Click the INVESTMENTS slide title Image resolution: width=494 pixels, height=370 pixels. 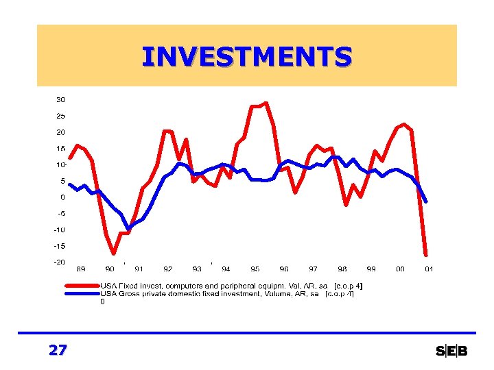tap(246, 56)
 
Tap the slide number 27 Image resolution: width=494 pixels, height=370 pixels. tap(58, 350)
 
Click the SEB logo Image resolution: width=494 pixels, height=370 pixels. tap(451, 351)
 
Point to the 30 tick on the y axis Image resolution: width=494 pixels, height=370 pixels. tap(60, 99)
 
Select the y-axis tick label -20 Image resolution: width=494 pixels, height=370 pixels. tap(60, 262)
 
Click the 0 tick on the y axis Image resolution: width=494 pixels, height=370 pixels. tap(62, 197)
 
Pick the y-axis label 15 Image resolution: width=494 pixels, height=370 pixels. tap(60, 148)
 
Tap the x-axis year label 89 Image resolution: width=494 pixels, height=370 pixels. tap(81, 269)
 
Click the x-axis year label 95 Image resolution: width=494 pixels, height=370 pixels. tap(255, 269)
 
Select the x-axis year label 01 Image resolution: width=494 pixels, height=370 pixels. tap(429, 269)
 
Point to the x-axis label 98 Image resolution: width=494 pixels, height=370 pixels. tap(342, 269)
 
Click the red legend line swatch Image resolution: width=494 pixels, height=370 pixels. tap(82, 286)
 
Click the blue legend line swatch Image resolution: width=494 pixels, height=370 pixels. tap(82, 294)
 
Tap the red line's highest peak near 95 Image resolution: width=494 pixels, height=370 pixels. tap(266, 103)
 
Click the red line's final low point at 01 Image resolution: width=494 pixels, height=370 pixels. tap(426, 255)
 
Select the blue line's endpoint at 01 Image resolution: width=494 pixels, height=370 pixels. tap(426, 201)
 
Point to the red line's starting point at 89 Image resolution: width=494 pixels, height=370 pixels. tap(70, 158)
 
